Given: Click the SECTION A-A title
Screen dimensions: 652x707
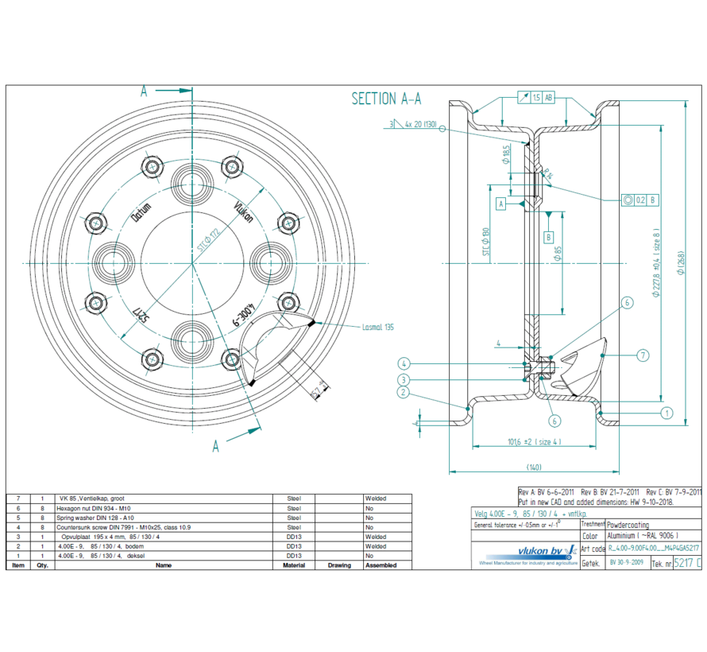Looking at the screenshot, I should click(x=386, y=99).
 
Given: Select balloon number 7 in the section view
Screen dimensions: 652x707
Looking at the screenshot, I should click(x=643, y=355).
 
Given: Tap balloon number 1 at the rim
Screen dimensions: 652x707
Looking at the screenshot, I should click(x=666, y=413).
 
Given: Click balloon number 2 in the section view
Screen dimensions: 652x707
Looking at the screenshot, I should click(x=404, y=392).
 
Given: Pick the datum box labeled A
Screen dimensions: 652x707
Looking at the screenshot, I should click(x=501, y=204).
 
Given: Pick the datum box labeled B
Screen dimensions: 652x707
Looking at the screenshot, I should click(x=548, y=237).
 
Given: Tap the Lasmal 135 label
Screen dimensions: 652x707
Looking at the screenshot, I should click(x=377, y=326).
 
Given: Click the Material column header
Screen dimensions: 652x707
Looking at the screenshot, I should click(x=295, y=565).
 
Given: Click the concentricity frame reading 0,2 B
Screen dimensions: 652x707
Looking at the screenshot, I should click(x=643, y=201).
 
